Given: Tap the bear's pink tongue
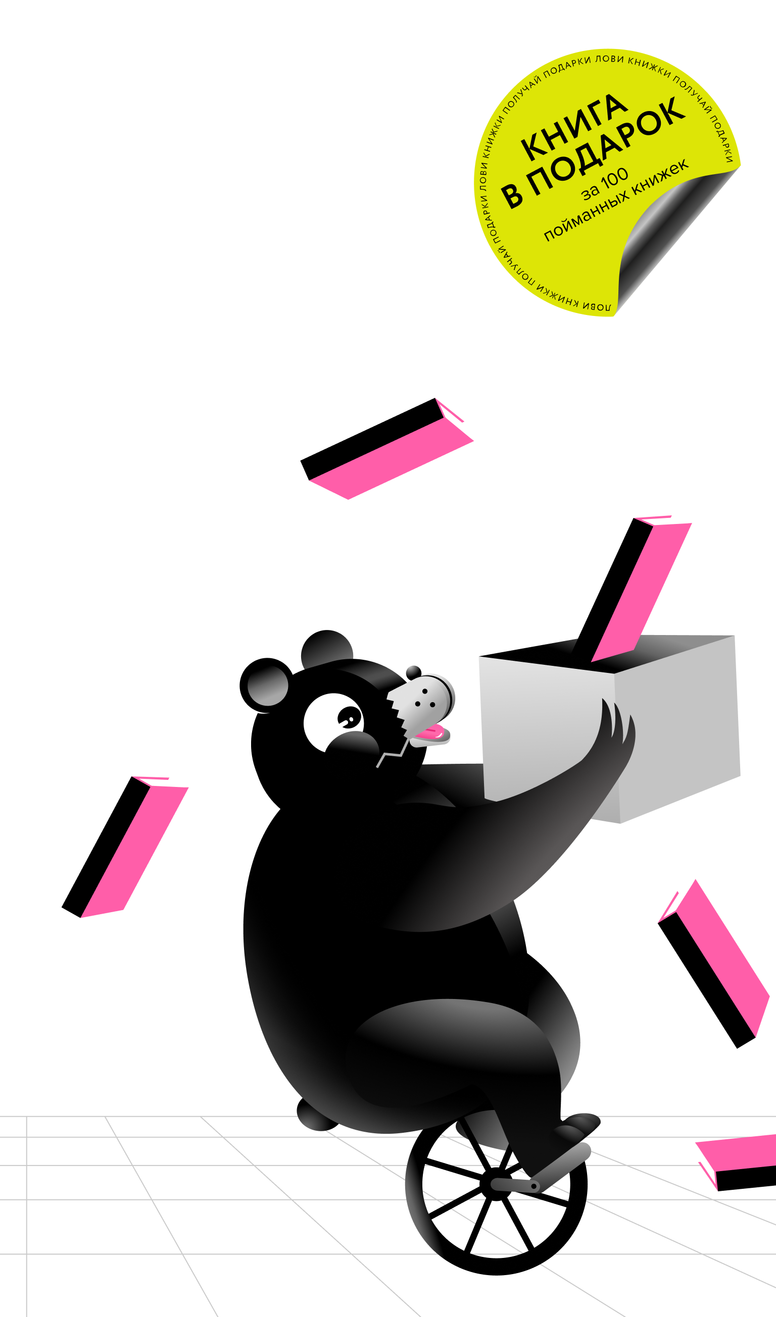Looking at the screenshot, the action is pyautogui.click(x=433, y=734).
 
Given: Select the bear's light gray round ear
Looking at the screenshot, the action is pyautogui.click(x=268, y=686).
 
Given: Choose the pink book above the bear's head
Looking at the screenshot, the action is pyautogui.click(x=392, y=457).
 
